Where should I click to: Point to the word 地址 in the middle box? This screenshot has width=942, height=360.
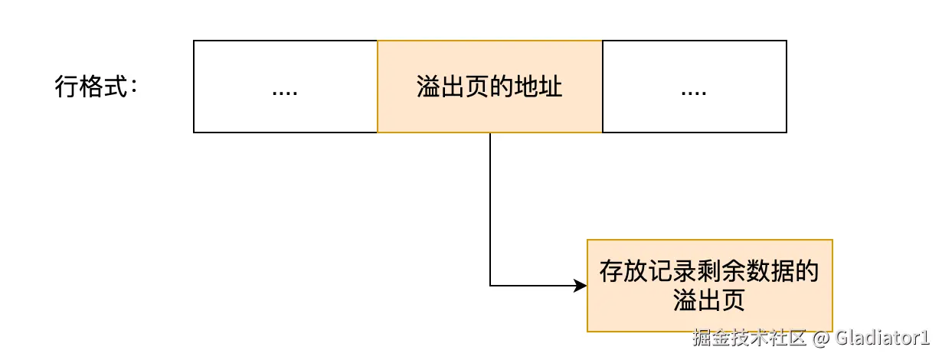coord(545,87)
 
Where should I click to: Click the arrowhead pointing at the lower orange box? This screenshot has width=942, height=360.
coord(581,286)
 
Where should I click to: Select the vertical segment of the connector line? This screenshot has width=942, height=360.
coord(490,207)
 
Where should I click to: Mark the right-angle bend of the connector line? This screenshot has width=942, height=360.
coord(490,286)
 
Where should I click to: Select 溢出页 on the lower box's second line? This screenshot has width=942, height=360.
coord(709,301)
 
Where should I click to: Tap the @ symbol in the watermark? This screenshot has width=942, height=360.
coord(821,338)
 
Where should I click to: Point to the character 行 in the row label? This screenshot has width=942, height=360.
coord(68,87)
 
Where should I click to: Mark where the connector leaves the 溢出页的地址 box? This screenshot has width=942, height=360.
coord(490,133)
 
